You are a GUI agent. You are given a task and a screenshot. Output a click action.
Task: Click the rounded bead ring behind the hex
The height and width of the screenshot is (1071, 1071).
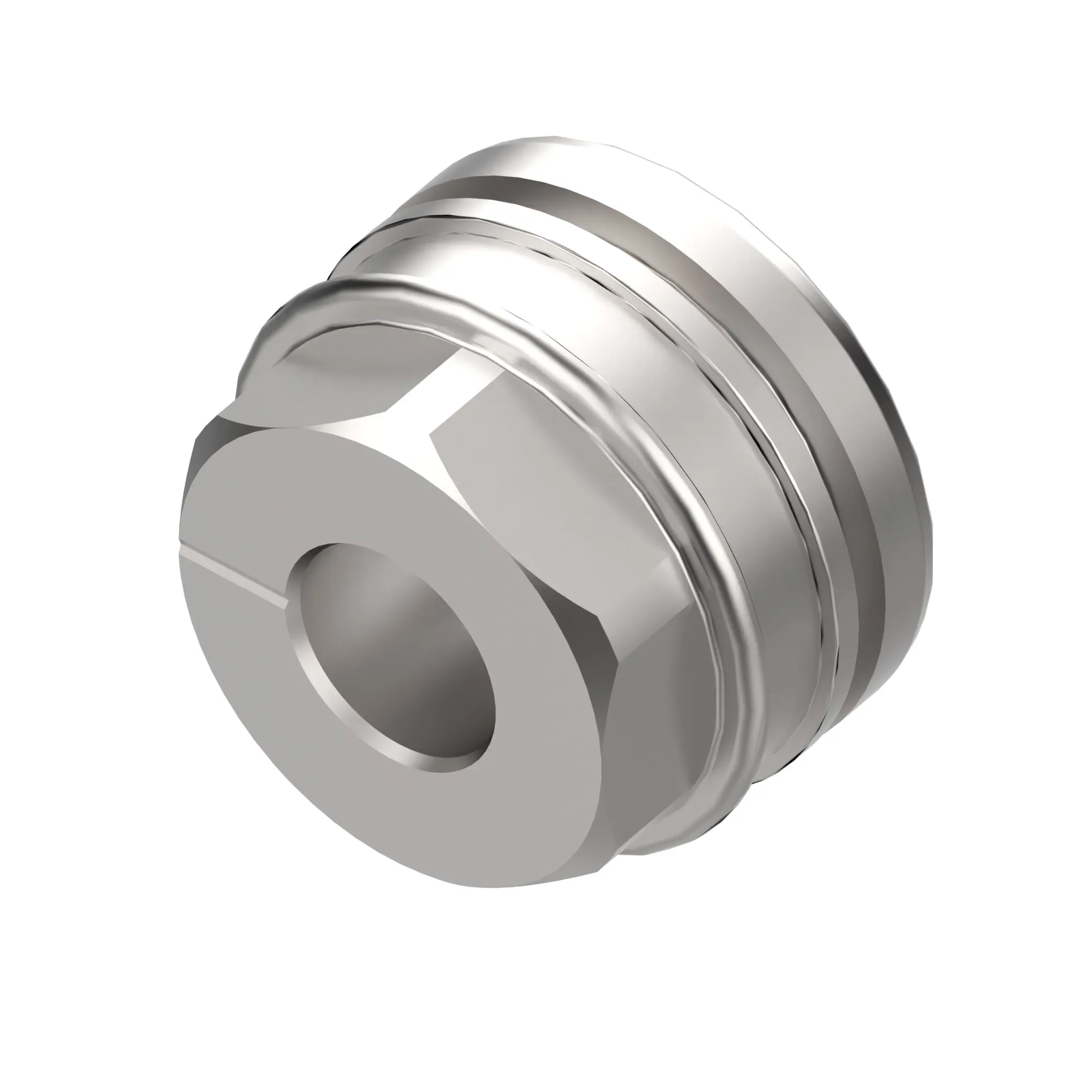[x=693, y=499]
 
